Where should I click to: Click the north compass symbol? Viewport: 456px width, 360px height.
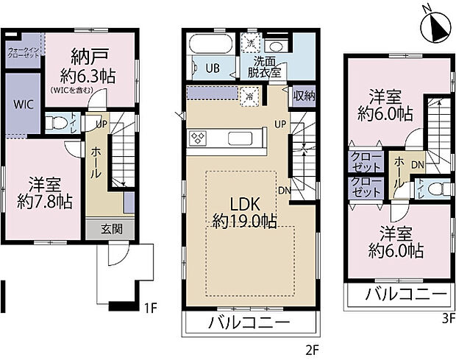(433, 29)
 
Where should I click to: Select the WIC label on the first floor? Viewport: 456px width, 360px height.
(21, 103)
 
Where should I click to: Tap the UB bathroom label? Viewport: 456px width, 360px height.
(212, 68)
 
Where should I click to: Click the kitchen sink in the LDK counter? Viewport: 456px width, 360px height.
(241, 138)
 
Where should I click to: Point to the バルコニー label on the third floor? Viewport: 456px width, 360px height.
(407, 296)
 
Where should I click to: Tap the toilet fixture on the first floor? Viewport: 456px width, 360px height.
(56, 124)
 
